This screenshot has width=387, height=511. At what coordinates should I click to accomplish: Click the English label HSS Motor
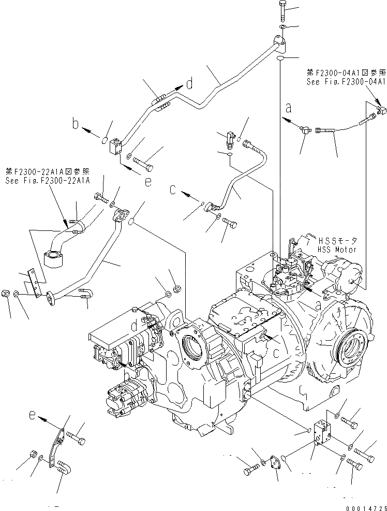pos(337,249)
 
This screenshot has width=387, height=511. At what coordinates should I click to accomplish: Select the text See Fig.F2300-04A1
pos(346,82)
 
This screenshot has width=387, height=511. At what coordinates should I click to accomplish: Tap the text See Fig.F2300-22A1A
pos(48,180)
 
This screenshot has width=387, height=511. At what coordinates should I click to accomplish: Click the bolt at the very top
pos(282,9)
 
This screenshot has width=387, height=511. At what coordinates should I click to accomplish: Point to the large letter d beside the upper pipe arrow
pos(190,83)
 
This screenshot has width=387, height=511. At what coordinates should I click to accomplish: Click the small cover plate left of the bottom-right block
pos(273,463)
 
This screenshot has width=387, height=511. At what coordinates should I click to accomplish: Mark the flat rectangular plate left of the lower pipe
pos(33,282)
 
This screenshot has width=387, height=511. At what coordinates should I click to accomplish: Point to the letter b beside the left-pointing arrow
pos(76,124)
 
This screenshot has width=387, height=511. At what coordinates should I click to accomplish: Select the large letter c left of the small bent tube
pos(174,190)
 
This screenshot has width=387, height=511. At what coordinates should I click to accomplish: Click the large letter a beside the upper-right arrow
pos(289,108)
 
